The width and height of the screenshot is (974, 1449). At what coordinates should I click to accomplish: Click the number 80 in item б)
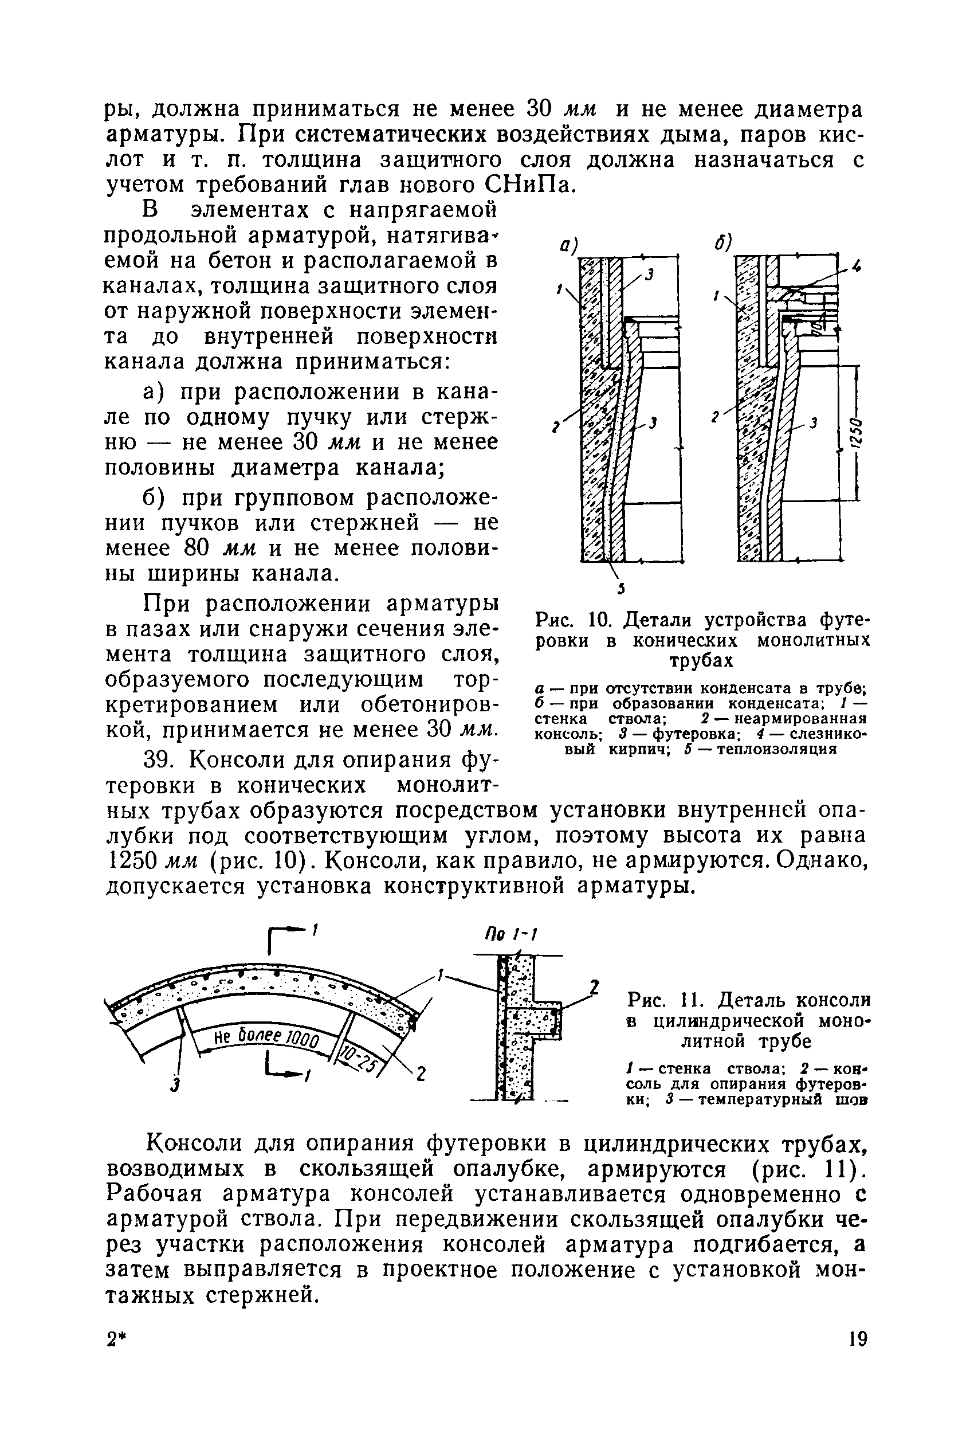pos(199,548)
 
